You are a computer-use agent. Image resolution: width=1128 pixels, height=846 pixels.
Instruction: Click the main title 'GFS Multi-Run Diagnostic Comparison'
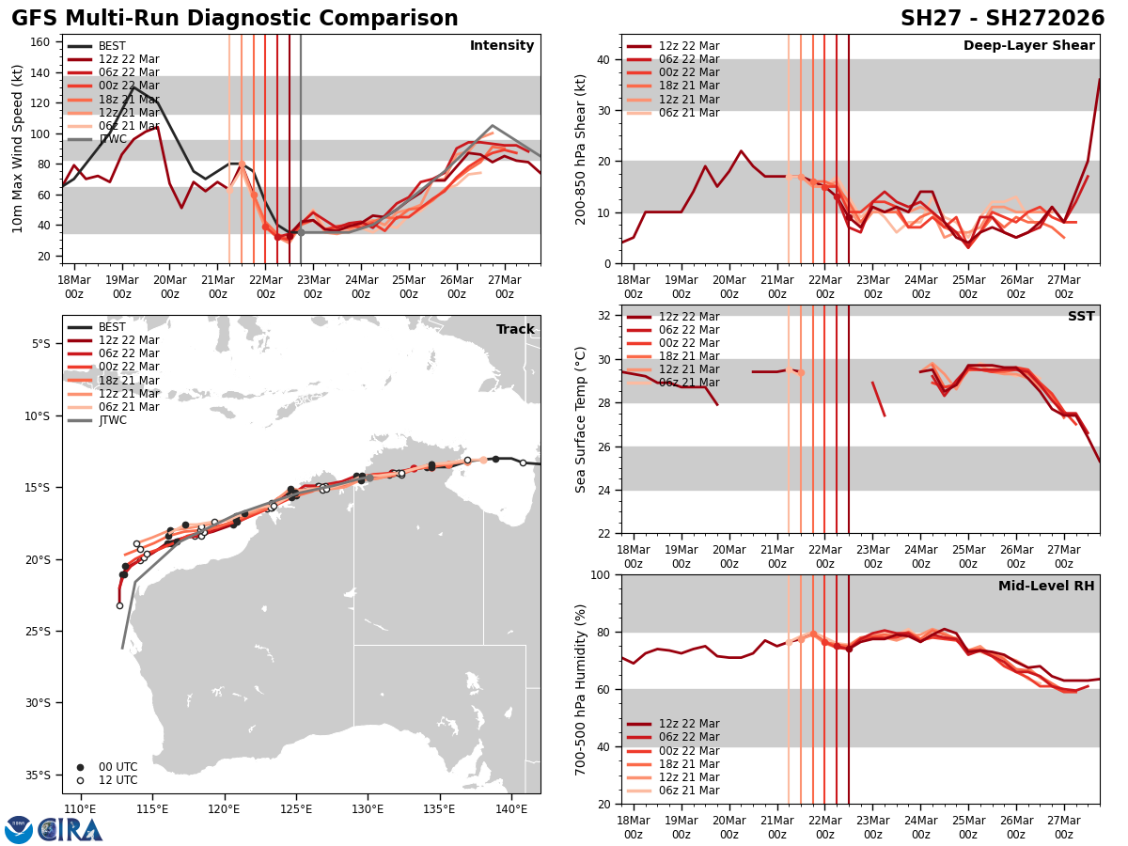235,19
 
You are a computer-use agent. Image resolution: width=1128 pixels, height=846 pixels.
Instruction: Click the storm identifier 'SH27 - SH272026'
1002,19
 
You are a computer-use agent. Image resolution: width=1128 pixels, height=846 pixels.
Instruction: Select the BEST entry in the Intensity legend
112,46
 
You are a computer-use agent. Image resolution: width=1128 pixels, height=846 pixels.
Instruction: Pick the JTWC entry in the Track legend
112,420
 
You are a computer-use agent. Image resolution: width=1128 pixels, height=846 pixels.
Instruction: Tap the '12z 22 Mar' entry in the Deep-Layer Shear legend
688,46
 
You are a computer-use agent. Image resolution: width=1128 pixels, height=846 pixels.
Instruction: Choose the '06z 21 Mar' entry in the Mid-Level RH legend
688,791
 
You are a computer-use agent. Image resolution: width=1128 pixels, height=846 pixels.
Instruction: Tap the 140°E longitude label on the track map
510,808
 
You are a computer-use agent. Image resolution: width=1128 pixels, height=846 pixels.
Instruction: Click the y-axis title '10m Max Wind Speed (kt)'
19,149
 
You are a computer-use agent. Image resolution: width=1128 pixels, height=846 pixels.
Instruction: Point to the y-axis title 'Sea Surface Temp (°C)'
581,419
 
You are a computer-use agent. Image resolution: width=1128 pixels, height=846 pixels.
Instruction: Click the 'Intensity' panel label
502,46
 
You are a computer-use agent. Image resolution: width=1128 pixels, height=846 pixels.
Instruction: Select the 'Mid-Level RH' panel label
1046,587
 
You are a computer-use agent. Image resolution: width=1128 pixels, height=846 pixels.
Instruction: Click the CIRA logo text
70,829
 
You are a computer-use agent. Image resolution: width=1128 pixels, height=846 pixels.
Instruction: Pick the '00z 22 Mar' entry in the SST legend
688,343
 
